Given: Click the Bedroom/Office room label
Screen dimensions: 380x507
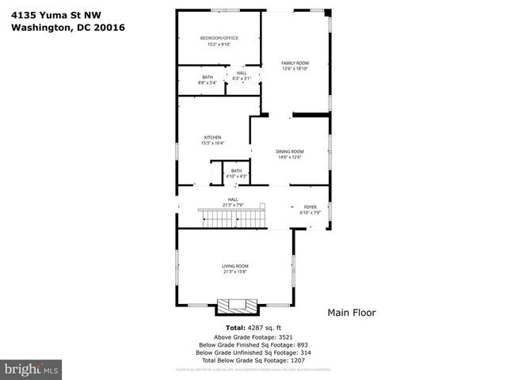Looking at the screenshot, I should click(219, 41).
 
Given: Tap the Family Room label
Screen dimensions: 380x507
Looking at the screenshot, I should click(295, 66).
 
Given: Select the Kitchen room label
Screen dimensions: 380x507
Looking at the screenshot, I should click(212, 140).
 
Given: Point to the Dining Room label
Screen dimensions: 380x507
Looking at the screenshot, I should click(289, 154).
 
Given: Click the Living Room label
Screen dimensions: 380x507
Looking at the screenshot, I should click(235, 268).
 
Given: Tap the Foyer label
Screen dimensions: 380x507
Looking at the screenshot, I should click(310, 209).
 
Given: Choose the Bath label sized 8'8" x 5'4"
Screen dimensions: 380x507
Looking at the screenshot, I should click(207, 79).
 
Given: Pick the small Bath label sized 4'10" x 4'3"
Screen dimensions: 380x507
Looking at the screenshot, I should click(236, 173).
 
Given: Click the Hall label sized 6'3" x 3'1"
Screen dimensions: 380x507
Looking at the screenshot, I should click(242, 75).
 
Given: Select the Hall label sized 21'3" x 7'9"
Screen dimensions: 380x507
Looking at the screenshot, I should click(233, 202).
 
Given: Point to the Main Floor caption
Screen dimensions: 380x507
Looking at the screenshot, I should click(352, 313).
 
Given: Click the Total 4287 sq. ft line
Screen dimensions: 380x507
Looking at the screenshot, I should click(253, 327).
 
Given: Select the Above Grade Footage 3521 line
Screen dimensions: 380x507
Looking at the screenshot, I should click(253, 336).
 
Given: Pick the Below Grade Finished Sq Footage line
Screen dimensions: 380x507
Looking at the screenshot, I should click(253, 344).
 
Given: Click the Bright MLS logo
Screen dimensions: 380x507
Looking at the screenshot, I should click(32, 369).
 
